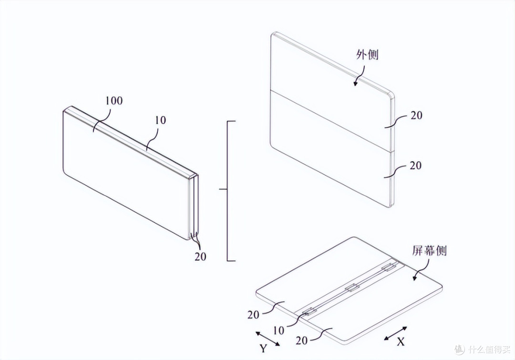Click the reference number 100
point(114,101)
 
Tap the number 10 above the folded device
point(160,120)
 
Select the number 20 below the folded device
point(200,256)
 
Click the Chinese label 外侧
point(368,54)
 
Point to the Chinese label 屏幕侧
point(429,251)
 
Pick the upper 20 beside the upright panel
point(416,115)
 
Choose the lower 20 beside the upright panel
point(416,165)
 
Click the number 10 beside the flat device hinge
point(278,330)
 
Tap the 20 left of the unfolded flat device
point(254,315)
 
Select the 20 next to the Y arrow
point(301,340)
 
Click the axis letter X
point(401,342)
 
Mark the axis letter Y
point(263,348)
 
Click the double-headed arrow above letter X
point(396,333)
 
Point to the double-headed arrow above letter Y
point(268,339)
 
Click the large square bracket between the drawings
point(227,191)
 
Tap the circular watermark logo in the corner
point(460,349)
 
